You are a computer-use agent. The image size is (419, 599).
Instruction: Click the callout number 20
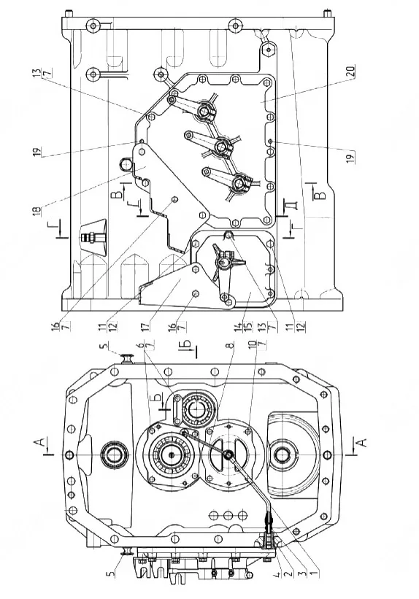tap(352, 71)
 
